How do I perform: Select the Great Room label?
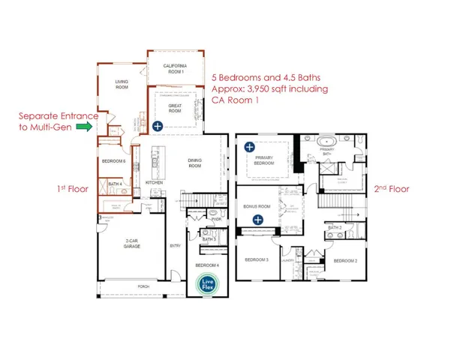tap(175, 108)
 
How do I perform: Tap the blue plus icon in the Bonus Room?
tap(257, 219)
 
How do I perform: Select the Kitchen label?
tap(154, 182)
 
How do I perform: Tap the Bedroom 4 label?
tap(207, 265)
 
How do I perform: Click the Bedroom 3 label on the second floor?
tap(257, 259)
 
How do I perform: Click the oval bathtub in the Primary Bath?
tap(330, 142)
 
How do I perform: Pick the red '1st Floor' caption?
tap(74, 189)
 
